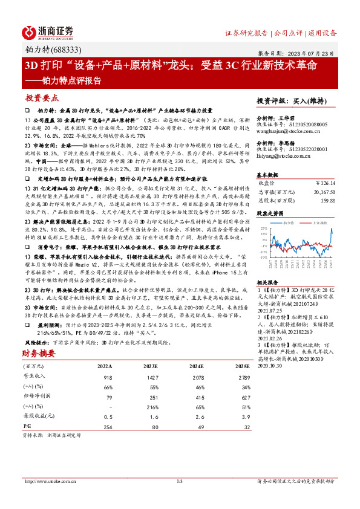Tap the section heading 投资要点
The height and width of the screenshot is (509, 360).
[x=42, y=97]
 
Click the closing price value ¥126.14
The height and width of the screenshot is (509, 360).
[x=326, y=183]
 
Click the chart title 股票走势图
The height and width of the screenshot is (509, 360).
[x=271, y=214]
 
